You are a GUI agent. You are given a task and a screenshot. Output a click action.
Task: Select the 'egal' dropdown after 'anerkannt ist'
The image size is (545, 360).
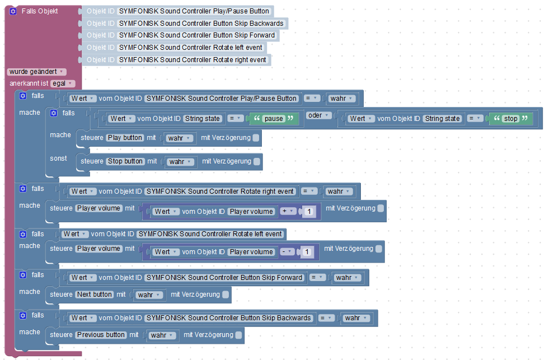point(62,83)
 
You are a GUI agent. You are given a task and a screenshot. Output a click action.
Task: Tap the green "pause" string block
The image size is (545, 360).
point(274,119)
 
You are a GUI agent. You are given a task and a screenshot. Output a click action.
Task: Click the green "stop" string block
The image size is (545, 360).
point(510,119)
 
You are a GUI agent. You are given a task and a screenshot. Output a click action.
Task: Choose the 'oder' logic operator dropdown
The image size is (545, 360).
point(320,115)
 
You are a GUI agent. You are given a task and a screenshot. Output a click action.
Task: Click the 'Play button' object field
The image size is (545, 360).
point(125,138)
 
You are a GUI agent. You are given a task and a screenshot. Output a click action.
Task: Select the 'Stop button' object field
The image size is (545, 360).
point(125,161)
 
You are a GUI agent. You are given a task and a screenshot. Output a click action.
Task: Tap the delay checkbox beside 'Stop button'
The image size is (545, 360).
point(257,161)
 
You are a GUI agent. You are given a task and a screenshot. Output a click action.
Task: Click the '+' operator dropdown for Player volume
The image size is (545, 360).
point(289,211)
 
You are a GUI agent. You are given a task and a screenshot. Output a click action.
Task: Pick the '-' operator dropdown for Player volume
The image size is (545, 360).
point(287,251)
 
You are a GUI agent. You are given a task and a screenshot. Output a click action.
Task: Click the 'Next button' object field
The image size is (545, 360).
point(95,294)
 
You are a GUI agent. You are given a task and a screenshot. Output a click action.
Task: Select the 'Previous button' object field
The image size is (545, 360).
point(101,335)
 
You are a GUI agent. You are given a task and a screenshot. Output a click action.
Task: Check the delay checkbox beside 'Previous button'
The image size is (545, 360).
point(239,335)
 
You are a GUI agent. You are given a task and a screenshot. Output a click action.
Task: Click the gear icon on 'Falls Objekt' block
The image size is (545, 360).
point(13,11)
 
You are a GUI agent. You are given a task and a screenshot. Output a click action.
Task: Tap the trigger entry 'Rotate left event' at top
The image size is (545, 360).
point(190,48)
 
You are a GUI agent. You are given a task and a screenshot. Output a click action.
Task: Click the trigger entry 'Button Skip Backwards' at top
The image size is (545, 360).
point(201,24)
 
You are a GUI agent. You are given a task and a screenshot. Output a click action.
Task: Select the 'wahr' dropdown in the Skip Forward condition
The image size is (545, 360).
point(347,278)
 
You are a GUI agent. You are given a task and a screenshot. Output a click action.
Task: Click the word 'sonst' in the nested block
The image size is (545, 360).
point(58,158)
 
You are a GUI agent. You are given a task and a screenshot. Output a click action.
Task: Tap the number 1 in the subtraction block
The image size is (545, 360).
point(306,252)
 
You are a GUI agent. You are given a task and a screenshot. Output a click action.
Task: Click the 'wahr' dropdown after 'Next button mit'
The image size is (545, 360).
point(149,294)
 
